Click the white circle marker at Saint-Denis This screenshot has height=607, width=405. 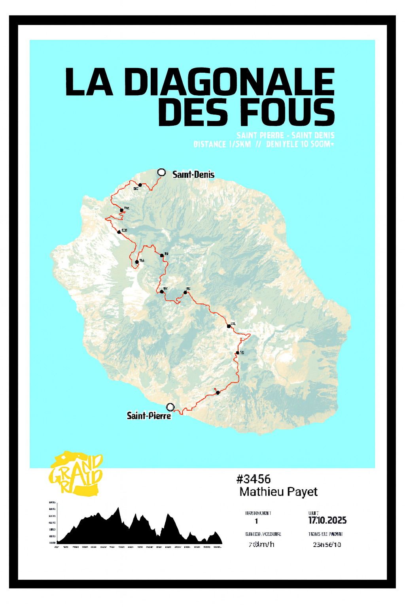click(x=161, y=172)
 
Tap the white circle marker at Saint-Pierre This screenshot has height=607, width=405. click(x=170, y=407)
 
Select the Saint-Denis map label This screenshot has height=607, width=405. click(x=193, y=174)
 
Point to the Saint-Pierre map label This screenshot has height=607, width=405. click(x=149, y=416)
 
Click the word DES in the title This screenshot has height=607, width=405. click(x=195, y=113)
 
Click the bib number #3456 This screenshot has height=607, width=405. click(x=253, y=479)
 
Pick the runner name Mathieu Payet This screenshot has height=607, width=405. click(x=278, y=492)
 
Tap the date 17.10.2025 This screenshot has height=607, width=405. click(x=327, y=520)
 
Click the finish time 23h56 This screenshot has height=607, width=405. click(x=327, y=545)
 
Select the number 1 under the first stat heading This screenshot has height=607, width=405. click(x=256, y=521)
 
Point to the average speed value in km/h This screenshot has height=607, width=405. click(x=261, y=545)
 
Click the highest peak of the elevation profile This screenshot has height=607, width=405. click(x=118, y=509)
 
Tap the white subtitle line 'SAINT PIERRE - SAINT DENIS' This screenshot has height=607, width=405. click(x=285, y=135)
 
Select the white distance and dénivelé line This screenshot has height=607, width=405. click(x=263, y=144)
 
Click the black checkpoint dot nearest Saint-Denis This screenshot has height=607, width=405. click(x=140, y=185)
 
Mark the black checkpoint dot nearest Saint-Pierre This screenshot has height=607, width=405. click(x=218, y=392)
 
